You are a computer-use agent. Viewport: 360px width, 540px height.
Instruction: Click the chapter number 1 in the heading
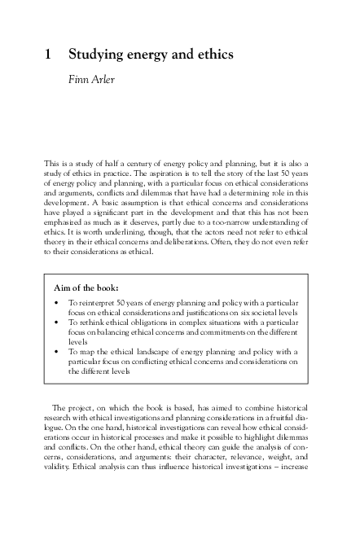coord(49,55)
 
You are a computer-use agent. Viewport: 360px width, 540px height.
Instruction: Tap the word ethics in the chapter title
coord(214,55)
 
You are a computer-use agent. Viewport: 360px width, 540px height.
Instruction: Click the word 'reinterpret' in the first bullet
coord(99,304)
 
